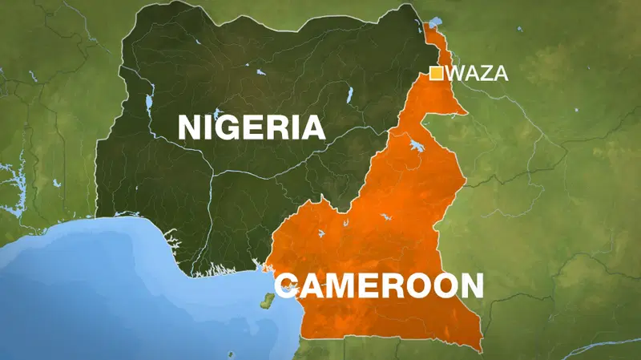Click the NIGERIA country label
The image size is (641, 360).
[x=251, y=127]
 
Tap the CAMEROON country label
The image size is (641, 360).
[x=379, y=285]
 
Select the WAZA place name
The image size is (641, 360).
[x=479, y=74]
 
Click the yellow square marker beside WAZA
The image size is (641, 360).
[x=437, y=74]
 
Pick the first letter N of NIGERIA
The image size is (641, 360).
[x=189, y=127]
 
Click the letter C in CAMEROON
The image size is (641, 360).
[x=286, y=285]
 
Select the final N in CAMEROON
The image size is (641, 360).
[x=471, y=285]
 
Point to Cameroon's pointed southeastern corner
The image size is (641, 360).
[x=479, y=350]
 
